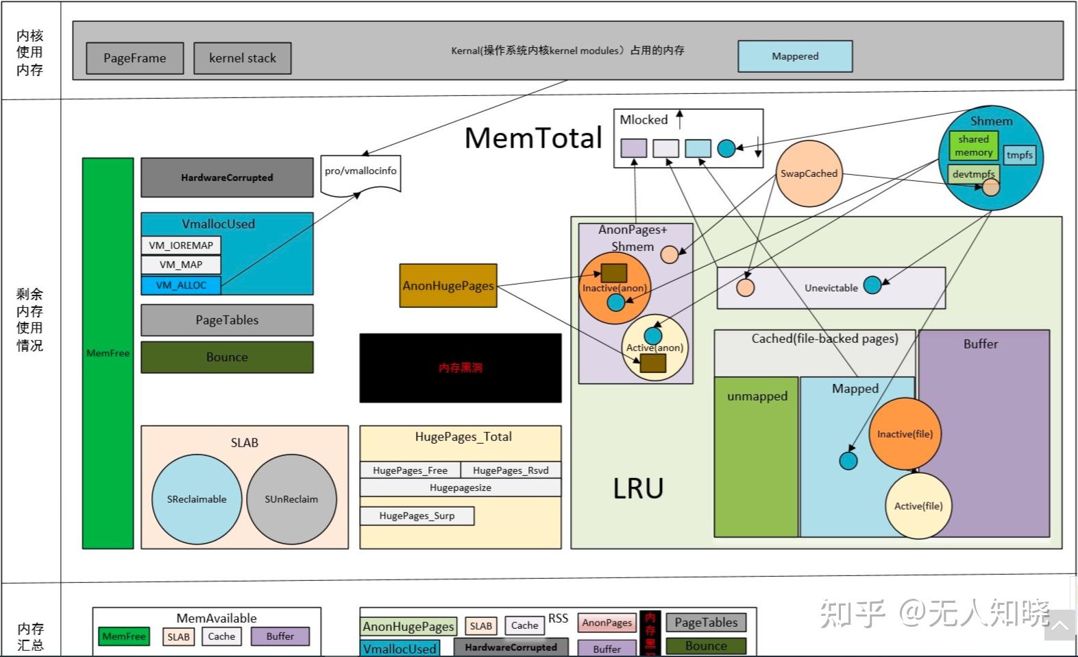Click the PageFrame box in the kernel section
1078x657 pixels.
click(135, 58)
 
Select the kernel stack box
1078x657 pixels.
click(242, 58)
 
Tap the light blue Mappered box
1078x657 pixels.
click(795, 56)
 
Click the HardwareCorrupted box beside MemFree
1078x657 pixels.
click(227, 178)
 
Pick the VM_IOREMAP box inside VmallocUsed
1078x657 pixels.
click(181, 246)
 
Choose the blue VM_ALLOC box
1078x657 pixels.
click(181, 285)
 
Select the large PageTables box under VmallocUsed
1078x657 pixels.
click(227, 320)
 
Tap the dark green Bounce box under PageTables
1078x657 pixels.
click(227, 357)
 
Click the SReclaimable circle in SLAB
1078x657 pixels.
click(197, 499)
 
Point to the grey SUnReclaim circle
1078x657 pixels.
click(291, 499)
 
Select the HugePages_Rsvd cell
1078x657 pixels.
click(511, 470)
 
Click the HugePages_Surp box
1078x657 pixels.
click(417, 516)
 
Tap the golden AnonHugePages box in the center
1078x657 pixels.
click(448, 286)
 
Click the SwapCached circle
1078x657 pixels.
click(809, 174)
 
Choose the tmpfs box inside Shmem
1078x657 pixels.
click(1019, 155)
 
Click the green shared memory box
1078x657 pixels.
click(973, 145)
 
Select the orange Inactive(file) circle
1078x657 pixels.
click(905, 434)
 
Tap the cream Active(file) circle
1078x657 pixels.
click(918, 506)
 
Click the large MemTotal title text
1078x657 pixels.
click(533, 138)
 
